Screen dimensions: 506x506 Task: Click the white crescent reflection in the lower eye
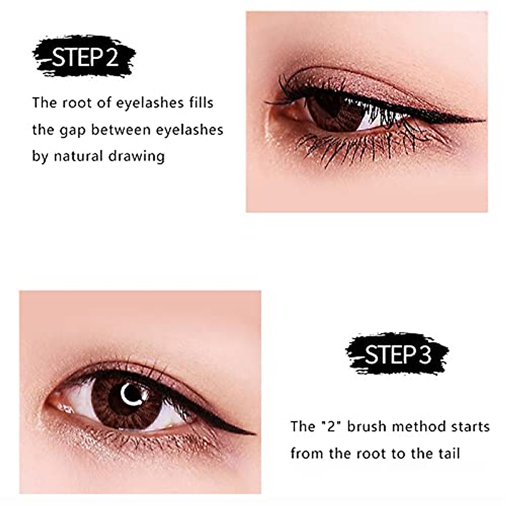(126, 393)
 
